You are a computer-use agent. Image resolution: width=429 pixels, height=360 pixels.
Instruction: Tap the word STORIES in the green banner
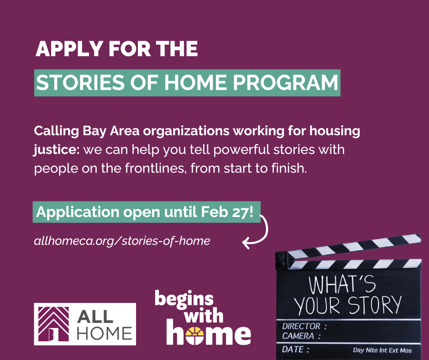tap(80, 83)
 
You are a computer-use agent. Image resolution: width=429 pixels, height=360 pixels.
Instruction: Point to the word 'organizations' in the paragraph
tap(186, 132)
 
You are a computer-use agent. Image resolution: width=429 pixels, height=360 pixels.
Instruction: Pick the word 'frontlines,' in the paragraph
tap(156, 168)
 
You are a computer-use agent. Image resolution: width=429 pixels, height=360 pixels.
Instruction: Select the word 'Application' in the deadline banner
tap(78, 212)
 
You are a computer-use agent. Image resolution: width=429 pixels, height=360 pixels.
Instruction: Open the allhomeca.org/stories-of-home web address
tap(122, 241)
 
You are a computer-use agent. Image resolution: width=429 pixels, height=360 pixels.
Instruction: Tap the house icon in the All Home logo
tap(54, 324)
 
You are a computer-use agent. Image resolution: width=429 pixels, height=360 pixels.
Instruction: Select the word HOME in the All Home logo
tap(105, 334)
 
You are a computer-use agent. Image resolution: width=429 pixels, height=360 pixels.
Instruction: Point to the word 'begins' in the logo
tap(184, 299)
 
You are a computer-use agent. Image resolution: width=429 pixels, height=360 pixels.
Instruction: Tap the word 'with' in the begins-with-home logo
tap(204, 315)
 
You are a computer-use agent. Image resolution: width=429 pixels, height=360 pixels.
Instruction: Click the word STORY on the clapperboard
tap(375, 305)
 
